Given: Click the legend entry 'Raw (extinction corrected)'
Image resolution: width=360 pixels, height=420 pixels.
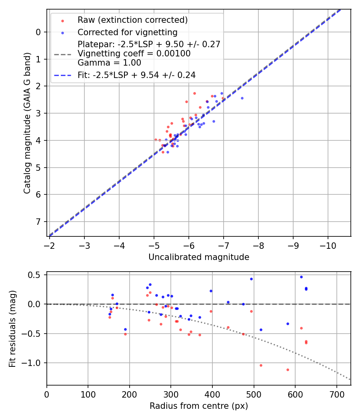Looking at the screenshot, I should click(x=132, y=20).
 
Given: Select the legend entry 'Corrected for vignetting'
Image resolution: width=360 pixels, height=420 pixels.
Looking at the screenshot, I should click(x=127, y=32).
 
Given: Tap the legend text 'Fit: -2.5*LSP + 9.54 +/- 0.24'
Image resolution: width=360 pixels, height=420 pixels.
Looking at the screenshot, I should click(x=136, y=75).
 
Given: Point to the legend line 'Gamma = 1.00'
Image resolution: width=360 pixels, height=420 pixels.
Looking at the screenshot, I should click(x=109, y=62).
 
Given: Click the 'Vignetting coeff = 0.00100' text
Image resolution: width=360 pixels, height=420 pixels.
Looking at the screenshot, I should click(x=134, y=54).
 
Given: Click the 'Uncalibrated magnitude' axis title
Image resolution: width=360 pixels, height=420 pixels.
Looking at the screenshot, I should click(x=199, y=257).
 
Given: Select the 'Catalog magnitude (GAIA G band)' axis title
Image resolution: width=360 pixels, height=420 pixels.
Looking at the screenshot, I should click(x=27, y=122).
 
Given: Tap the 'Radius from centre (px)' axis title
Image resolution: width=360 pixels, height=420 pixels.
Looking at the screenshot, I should click(x=199, y=406).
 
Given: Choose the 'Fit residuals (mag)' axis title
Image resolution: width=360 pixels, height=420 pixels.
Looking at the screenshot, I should click(x=12, y=328).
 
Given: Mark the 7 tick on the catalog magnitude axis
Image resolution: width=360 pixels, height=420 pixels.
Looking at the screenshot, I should click(x=38, y=222).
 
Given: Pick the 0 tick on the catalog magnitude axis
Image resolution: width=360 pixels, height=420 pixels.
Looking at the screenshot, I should click(x=38, y=32).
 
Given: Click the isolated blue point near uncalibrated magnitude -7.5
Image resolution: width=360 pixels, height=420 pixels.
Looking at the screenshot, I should click(x=242, y=98).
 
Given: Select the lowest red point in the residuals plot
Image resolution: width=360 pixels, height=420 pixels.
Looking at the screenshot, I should click(x=288, y=370).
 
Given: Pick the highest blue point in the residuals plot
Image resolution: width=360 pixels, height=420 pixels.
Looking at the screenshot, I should click(x=301, y=277).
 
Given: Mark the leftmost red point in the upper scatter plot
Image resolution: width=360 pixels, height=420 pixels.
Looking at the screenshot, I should click(x=156, y=140).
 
